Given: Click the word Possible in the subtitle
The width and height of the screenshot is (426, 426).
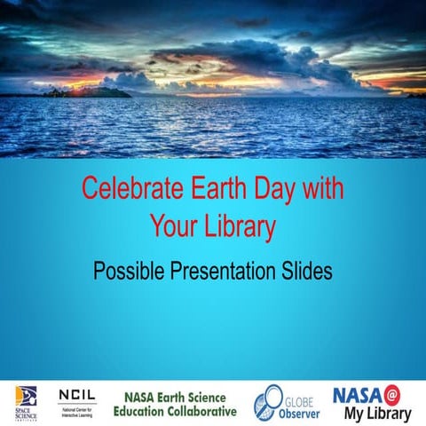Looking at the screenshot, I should [x=130, y=272].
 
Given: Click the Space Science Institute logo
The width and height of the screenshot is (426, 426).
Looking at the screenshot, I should [x=27, y=400].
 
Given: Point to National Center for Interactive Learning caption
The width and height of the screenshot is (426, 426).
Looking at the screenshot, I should [x=78, y=412].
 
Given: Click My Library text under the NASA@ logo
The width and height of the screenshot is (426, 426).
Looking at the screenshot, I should [x=377, y=414].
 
